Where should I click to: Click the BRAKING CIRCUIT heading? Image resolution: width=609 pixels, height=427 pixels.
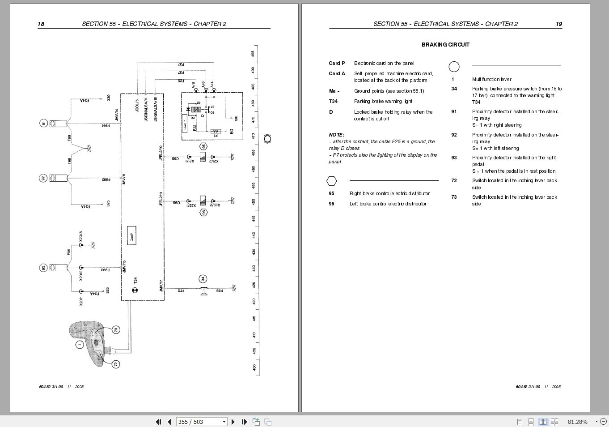[x=445, y=45]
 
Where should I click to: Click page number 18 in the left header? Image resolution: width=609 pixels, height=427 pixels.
[x=41, y=24]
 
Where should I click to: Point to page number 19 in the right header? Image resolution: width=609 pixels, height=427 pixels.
[x=558, y=24]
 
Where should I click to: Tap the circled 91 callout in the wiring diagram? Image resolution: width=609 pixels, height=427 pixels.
[x=43, y=123]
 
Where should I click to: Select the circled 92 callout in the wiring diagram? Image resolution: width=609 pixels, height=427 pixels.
[x=43, y=178]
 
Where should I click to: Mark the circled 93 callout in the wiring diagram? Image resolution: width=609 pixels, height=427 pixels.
[x=43, y=268]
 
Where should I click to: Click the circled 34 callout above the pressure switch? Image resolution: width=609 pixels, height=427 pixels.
[x=203, y=279]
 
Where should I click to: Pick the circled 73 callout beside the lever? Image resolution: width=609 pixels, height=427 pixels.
[x=116, y=330]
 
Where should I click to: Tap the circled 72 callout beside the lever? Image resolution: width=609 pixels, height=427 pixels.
[x=116, y=364]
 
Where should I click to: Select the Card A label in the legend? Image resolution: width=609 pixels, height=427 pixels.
[x=337, y=73]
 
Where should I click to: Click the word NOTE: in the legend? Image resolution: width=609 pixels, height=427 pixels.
[x=336, y=135]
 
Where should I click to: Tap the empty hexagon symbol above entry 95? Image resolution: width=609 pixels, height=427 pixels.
[x=331, y=181]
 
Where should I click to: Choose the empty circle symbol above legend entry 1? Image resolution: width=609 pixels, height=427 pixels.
[x=454, y=67]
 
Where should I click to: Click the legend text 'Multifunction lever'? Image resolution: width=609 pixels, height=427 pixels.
[x=491, y=80]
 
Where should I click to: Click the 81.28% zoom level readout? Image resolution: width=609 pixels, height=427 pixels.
[x=577, y=422]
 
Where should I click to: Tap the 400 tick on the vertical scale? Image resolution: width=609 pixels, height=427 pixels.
[x=254, y=367]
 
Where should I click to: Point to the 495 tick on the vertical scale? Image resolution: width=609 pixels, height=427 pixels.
[x=253, y=53]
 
